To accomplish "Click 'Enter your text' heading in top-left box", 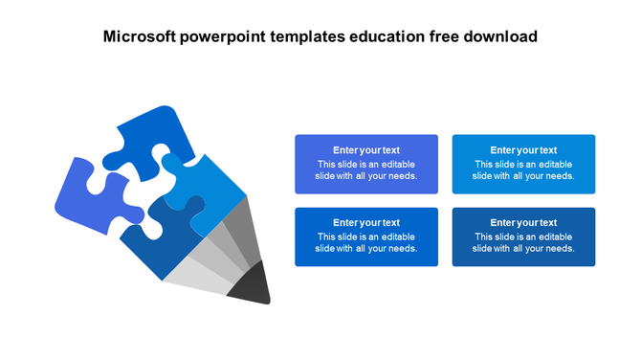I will coord(366,150).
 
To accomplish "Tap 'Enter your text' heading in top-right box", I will coord(523,150).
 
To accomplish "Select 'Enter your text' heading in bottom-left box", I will coord(366,223).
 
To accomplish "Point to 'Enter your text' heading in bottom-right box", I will coord(523,223).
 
